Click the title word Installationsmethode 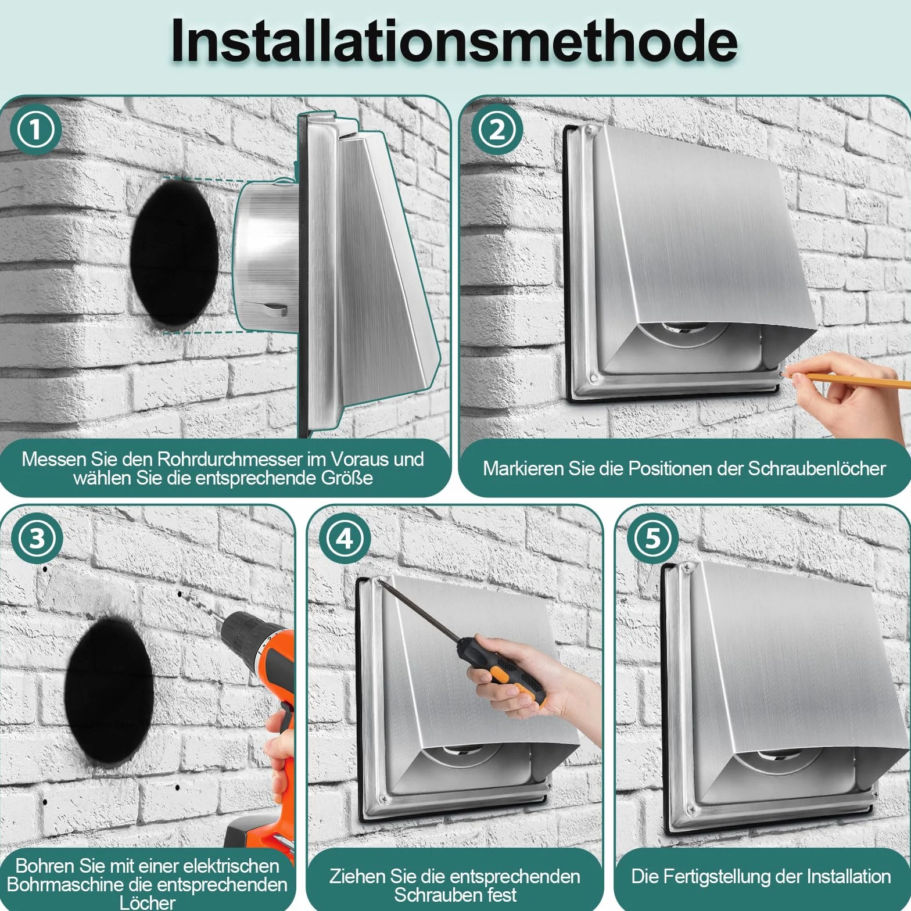454,41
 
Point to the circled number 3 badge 37,539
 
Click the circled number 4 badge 345,539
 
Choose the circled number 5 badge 652,539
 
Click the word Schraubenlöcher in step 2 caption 816,468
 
